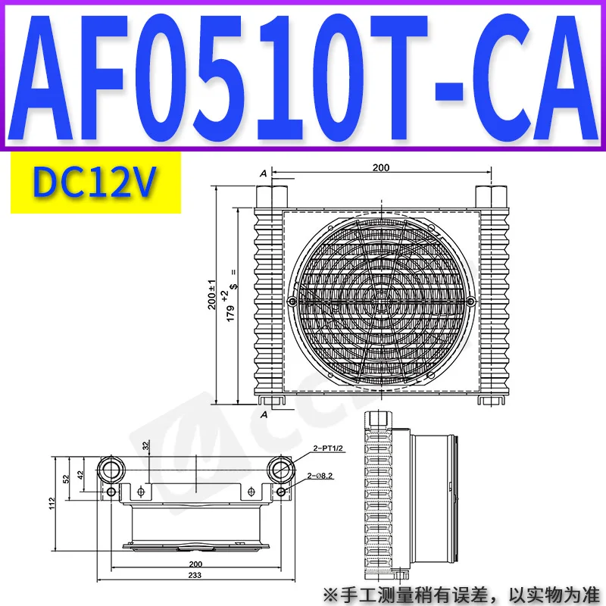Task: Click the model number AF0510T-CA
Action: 302,77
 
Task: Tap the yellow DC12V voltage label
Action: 95,183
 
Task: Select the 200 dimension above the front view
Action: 381,167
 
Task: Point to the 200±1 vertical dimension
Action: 212,295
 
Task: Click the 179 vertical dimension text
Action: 230,313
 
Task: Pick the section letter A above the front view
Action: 264,174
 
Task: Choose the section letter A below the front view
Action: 264,414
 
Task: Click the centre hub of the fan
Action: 381,300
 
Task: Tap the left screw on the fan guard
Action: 292,301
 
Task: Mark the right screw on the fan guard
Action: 470,301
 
